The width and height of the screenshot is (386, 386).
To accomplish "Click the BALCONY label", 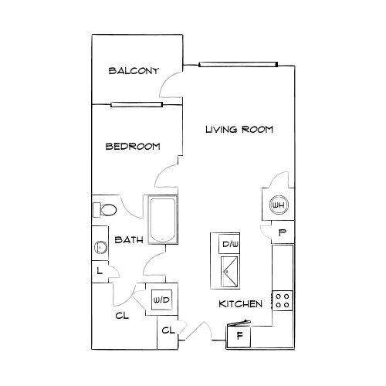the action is (134, 71).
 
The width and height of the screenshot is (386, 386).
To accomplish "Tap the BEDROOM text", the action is (133, 147).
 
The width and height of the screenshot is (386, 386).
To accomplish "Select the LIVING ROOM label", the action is (239, 129).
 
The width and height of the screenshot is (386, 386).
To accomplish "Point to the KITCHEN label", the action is (240, 304).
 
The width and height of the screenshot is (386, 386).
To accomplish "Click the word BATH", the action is (129, 240).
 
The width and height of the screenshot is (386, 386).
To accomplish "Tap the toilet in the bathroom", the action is (104, 209).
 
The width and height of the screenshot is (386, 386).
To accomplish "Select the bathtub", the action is (163, 219).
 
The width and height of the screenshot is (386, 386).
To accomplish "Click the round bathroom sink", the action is (100, 248).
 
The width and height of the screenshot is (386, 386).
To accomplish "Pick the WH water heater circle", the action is (279, 205).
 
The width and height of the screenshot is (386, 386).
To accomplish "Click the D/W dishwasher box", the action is (229, 244).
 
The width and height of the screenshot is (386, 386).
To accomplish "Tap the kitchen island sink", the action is (229, 271).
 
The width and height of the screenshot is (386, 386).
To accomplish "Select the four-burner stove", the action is (283, 300).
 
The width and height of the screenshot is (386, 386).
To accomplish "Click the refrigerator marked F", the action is (239, 335).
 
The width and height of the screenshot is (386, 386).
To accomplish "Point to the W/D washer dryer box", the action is (161, 300).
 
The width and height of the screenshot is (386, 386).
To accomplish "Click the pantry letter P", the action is (283, 232).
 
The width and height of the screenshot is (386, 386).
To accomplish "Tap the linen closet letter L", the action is (100, 270).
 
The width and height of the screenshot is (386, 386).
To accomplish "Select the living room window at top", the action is (239, 64).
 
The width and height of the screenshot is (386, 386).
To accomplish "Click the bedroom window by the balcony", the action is (137, 104).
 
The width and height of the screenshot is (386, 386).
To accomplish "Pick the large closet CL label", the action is (122, 316).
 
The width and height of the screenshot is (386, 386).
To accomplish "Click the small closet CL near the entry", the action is (168, 330).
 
